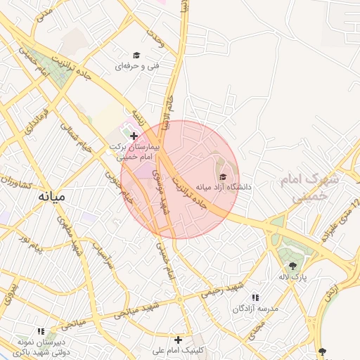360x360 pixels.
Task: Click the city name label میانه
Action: click(x=51, y=197)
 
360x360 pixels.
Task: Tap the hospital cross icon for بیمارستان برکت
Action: click(x=134, y=135)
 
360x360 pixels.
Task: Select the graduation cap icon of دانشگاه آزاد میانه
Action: click(x=224, y=176)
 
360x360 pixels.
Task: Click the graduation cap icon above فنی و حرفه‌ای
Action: click(x=136, y=55)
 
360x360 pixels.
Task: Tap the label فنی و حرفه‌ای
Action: click(x=140, y=66)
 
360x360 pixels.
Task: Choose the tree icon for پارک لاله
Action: click(x=292, y=265)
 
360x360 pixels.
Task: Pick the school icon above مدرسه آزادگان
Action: click(x=255, y=297)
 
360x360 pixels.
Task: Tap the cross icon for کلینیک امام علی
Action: click(x=179, y=340)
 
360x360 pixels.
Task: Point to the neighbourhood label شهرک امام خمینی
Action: click(x=309, y=188)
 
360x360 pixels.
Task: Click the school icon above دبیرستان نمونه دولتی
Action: click(x=41, y=330)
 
